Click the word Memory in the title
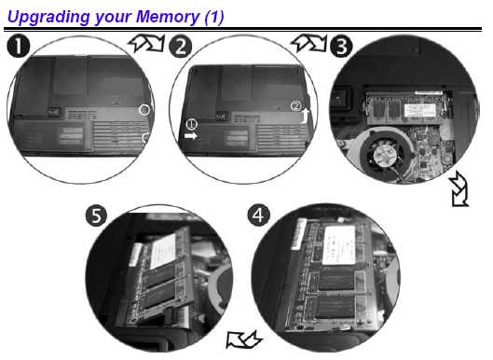click(167, 17)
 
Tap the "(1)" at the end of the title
click(214, 18)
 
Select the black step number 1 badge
click(19, 46)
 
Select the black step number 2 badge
click(180, 47)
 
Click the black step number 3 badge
click(341, 46)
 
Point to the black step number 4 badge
click(258, 215)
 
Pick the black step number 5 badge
click(96, 215)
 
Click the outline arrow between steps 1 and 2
click(147, 43)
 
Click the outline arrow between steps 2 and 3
click(309, 43)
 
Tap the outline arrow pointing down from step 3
click(459, 189)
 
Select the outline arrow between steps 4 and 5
click(244, 339)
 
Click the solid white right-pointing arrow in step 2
click(190, 136)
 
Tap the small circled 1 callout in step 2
click(191, 124)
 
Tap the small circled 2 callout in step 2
click(295, 105)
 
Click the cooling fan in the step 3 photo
click(382, 154)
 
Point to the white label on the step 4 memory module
click(339, 245)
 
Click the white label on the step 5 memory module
click(162, 251)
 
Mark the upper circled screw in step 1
click(144, 110)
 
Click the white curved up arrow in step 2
click(305, 117)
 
